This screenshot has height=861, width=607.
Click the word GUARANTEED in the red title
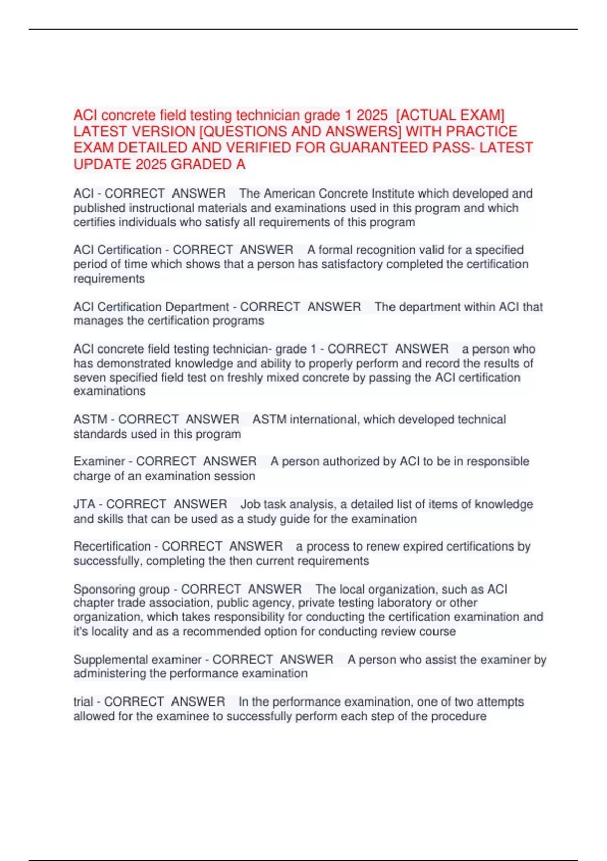[x=380, y=148]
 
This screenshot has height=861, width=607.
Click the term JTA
[x=84, y=504]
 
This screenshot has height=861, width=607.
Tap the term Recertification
[x=112, y=546]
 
